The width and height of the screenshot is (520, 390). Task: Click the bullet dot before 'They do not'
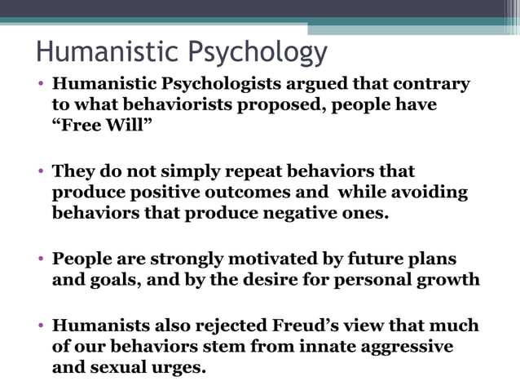pyautogui.click(x=41, y=172)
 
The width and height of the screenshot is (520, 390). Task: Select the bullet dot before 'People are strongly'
pyautogui.click(x=41, y=259)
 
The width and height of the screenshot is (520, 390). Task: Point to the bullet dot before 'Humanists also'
pyautogui.click(x=41, y=326)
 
